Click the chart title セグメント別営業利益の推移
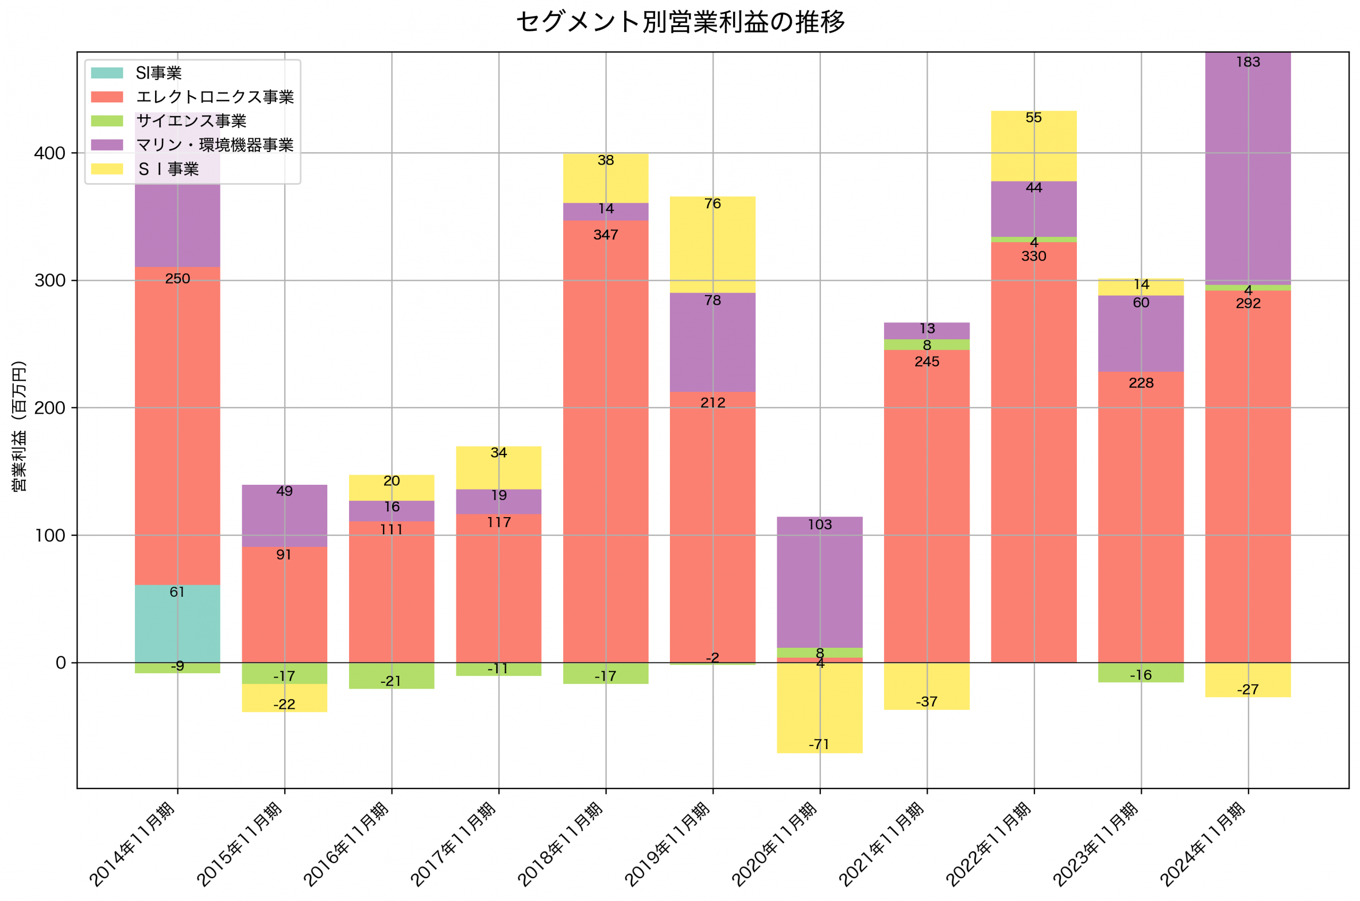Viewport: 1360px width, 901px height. tap(680, 22)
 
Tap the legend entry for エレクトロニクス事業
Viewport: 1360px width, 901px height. tap(214, 97)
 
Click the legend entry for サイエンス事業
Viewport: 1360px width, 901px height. tap(191, 121)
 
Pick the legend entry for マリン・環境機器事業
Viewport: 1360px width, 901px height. tap(214, 145)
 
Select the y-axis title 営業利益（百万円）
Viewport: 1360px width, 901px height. tap(19, 426)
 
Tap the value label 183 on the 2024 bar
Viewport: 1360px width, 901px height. tap(1247, 62)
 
